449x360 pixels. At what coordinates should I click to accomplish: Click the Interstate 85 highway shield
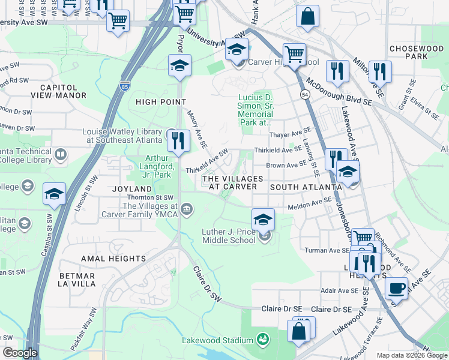(x=125, y=86)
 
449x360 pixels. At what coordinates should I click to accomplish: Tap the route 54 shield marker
(x=305, y=95)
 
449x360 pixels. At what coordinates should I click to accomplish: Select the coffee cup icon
(x=396, y=287)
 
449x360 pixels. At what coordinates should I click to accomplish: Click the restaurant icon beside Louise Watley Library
(x=178, y=140)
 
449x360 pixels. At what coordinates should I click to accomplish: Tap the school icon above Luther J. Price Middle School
(x=263, y=220)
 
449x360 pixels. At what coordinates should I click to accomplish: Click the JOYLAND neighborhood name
(x=130, y=188)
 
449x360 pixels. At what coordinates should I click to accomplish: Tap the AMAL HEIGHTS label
(x=113, y=258)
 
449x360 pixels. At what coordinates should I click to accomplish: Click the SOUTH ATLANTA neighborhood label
(x=306, y=187)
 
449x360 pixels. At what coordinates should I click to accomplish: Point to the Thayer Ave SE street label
(x=291, y=135)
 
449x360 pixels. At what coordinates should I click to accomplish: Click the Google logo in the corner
(x=20, y=353)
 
